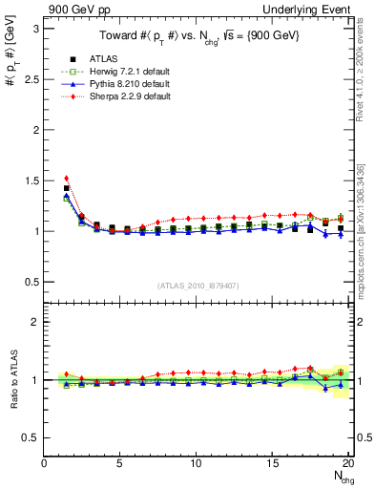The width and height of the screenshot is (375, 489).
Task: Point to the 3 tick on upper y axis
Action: [x=35, y=29]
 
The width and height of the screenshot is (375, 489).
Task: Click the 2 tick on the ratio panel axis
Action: [x=35, y=322]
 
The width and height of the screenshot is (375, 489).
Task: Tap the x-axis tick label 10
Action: [x=196, y=463]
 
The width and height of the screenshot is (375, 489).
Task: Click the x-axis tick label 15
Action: [x=272, y=463]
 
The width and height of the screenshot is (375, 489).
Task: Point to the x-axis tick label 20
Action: [x=347, y=463]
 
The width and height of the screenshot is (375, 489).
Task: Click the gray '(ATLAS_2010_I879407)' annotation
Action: [x=198, y=284]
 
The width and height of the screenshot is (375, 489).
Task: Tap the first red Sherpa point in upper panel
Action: [x=67, y=178]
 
